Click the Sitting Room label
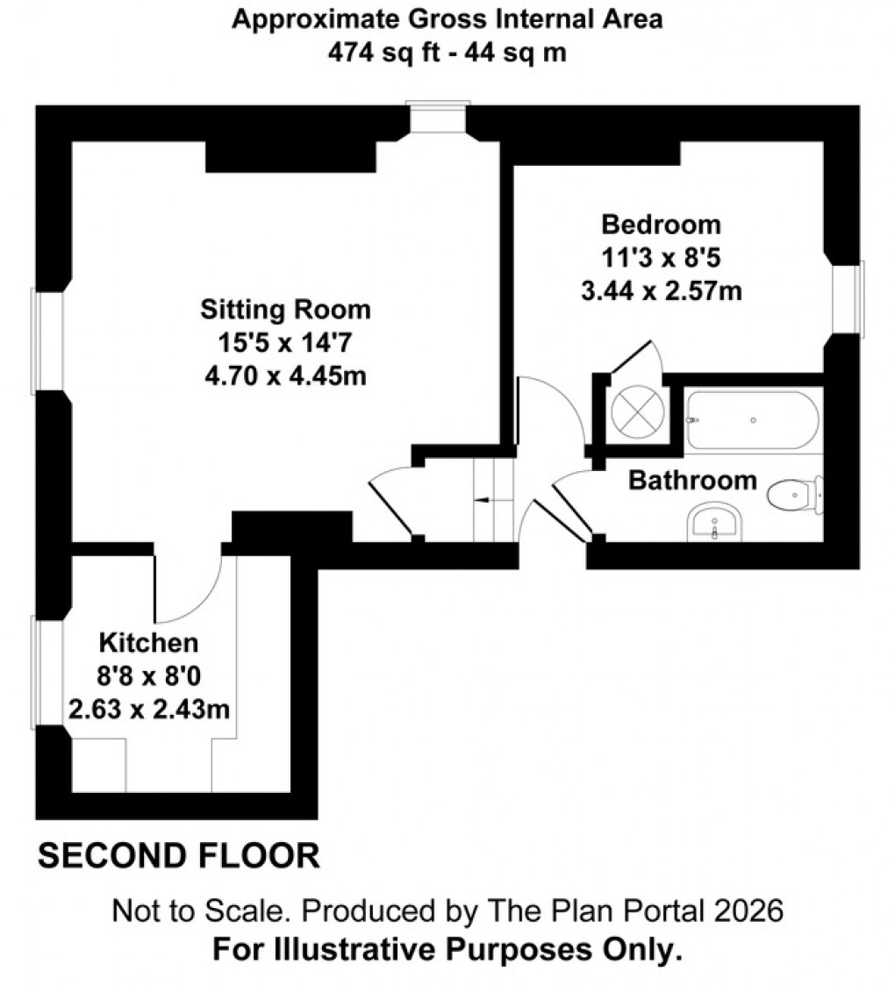285,310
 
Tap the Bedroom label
661,225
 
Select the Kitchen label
147,642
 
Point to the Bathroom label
692,480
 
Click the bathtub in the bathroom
753,420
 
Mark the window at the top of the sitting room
439,118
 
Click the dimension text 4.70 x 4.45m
285,376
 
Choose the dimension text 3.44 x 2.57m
661,290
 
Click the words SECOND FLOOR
179,855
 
